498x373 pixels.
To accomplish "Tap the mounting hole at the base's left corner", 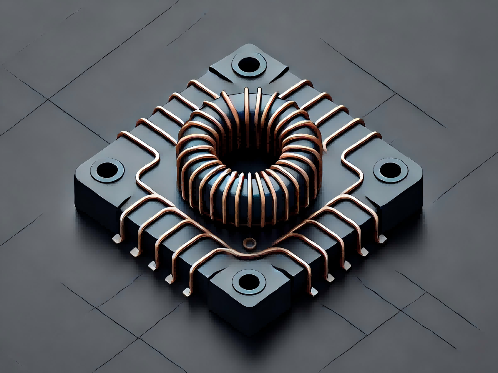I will click(107, 170).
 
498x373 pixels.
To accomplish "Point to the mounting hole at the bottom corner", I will click(249, 282).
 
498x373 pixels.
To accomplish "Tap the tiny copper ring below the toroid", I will click(249, 242).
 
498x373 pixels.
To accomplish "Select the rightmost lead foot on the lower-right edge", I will click(381, 239).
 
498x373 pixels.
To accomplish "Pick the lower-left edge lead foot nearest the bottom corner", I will click(187, 292).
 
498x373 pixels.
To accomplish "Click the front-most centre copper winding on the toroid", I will click(249, 199).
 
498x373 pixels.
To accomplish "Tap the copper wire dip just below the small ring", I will click(249, 254).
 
